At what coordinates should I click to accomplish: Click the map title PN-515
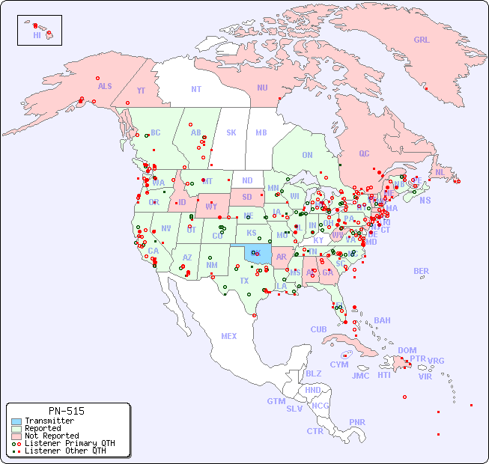click(x=66, y=411)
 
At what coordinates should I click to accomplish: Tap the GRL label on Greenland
click(x=422, y=40)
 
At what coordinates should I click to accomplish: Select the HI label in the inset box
click(x=37, y=35)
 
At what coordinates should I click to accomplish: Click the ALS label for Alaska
click(x=105, y=86)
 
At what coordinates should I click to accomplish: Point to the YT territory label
click(x=141, y=91)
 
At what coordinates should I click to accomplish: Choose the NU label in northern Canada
click(x=262, y=88)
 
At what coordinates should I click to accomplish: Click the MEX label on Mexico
click(x=229, y=336)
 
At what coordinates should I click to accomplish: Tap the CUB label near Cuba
click(x=318, y=329)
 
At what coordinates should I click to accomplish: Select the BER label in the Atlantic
click(x=421, y=271)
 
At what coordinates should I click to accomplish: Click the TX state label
click(x=244, y=281)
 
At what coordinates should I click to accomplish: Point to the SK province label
click(x=231, y=132)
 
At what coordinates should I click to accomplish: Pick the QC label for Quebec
click(x=364, y=153)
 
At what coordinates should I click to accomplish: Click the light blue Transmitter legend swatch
click(x=16, y=421)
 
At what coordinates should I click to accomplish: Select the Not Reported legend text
click(x=51, y=436)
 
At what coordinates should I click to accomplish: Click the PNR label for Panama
click(x=357, y=422)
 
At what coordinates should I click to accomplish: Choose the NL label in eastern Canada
click(x=440, y=172)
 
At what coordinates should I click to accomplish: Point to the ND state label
click(x=247, y=180)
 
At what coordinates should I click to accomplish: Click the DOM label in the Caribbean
click(x=407, y=350)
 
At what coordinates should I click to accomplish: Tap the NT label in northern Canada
click(x=196, y=89)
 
